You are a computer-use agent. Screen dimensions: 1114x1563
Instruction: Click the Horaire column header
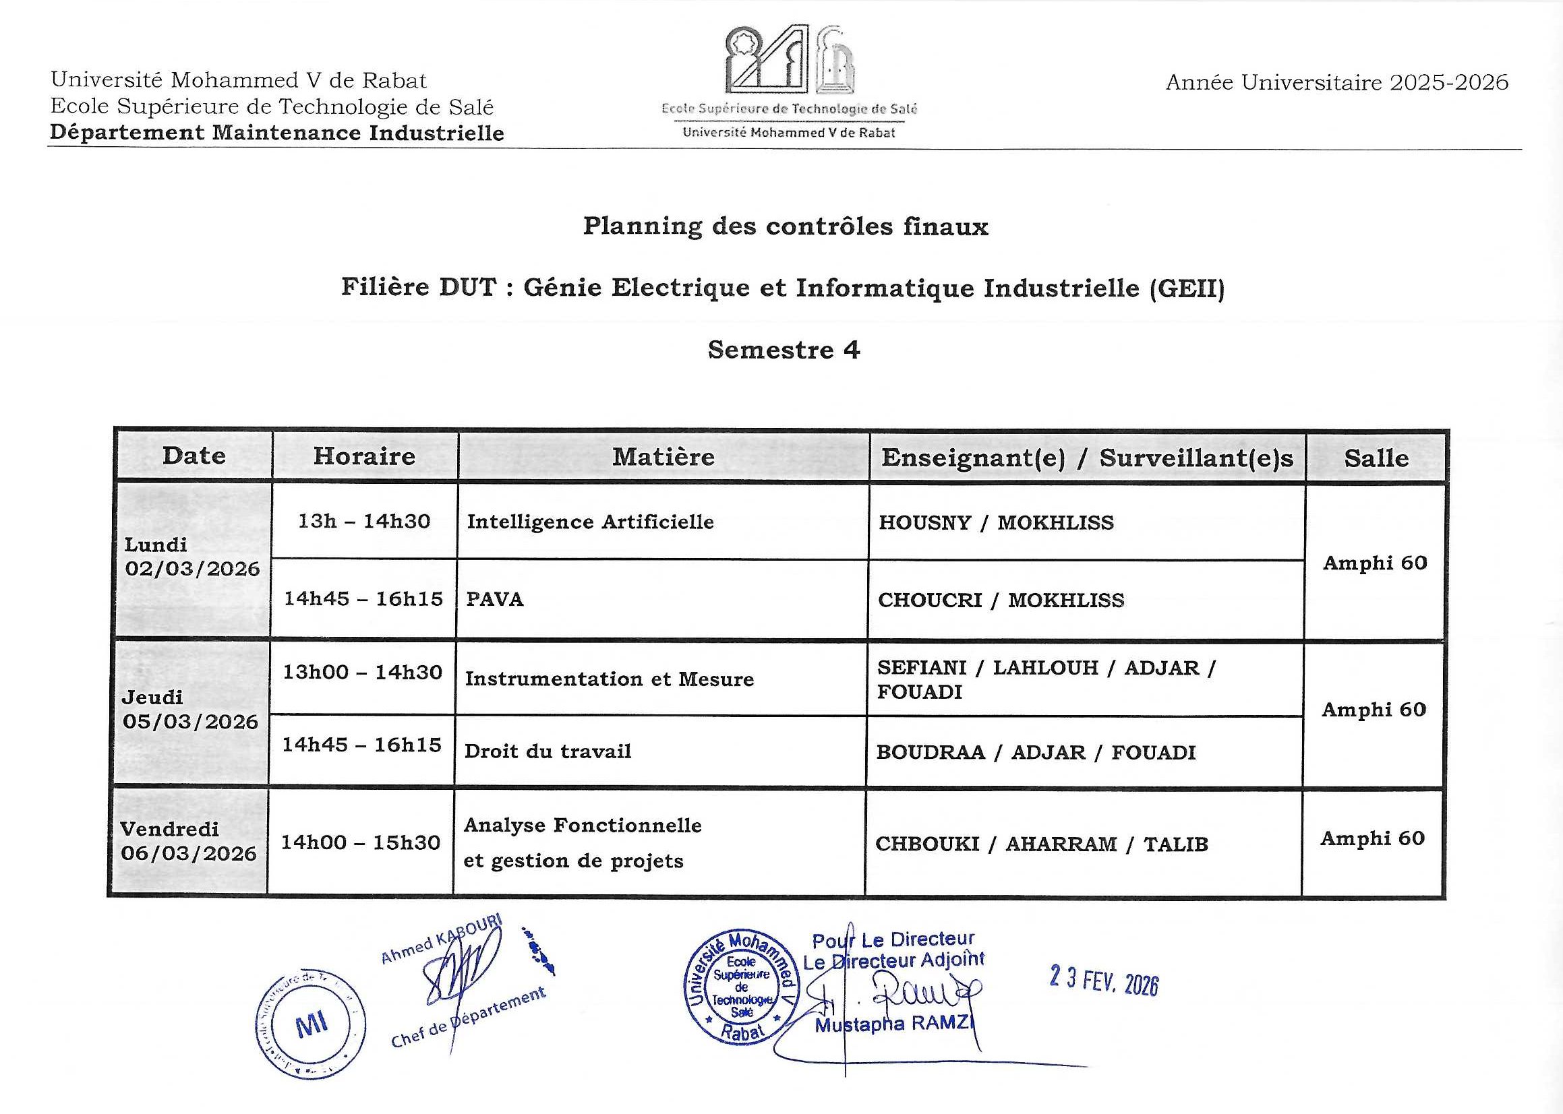point(364,456)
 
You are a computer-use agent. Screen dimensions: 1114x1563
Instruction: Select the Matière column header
point(663,457)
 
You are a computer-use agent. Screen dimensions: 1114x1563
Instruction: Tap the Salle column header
point(1376,458)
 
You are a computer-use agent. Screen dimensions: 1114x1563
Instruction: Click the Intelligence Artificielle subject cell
point(590,522)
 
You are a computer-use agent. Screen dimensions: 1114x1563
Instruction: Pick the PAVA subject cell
point(495,600)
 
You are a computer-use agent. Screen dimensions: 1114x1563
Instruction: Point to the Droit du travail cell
point(548,751)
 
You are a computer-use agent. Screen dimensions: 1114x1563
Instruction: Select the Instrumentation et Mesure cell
point(610,679)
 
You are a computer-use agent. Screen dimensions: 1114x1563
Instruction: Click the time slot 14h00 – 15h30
point(360,842)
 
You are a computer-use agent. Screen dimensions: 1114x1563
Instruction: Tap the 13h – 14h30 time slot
point(363,522)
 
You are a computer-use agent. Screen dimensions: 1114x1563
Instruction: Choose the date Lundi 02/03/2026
point(192,557)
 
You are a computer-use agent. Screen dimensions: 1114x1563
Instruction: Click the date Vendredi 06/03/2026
point(188,841)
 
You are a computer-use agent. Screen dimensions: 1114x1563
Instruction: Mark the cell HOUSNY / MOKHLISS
point(995,523)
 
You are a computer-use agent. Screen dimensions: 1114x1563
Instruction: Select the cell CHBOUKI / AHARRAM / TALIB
point(1041,844)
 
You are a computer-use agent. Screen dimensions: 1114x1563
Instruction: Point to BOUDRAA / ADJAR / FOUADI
point(1035,753)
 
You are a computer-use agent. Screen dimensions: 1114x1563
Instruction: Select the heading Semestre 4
point(784,350)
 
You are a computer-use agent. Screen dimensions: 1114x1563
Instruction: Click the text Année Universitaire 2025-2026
point(1336,83)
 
